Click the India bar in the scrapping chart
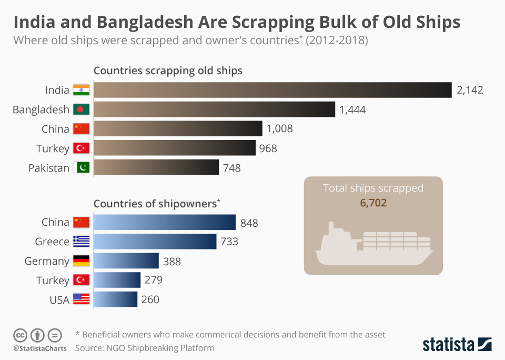[273, 90]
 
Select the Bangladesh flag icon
[81, 109]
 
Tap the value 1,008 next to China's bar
[279, 128]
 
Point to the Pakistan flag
[81, 167]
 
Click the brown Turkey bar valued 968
[175, 148]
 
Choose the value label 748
[232, 168]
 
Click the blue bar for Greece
[155, 242]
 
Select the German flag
[81, 261]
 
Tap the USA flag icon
[81, 299]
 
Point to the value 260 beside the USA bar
[150, 299]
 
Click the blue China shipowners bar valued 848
[165, 222]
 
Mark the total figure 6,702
[373, 203]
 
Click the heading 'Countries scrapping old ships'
[168, 71]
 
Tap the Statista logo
[457, 345]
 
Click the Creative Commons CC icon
[20, 335]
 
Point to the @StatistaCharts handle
[40, 348]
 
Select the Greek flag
[81, 242]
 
